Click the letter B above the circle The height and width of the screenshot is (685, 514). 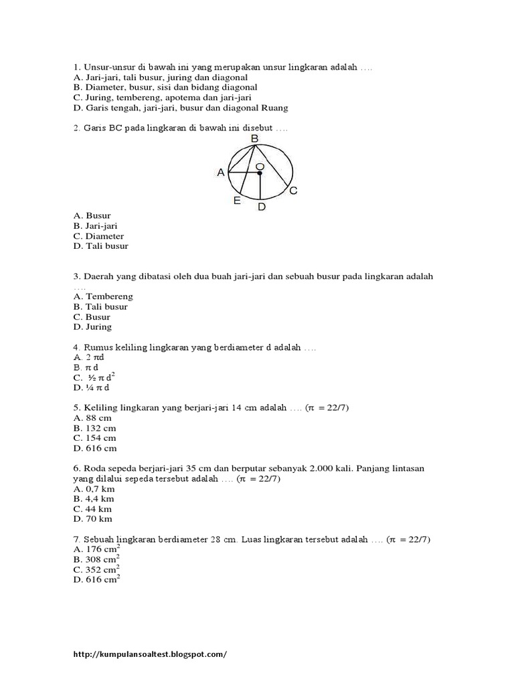click(x=254, y=138)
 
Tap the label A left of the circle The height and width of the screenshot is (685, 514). click(x=221, y=173)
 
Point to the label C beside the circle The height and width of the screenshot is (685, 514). click(x=293, y=191)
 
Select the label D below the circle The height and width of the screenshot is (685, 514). click(x=262, y=207)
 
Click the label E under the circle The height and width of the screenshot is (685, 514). click(x=237, y=201)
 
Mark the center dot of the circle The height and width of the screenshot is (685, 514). click(x=260, y=173)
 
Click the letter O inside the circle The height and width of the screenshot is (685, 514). click(x=259, y=165)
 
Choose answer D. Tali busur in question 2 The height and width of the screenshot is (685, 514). click(x=101, y=246)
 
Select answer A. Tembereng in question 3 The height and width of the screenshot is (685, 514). click(x=104, y=296)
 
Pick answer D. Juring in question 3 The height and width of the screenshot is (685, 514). click(x=93, y=327)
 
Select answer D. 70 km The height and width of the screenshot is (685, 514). click(x=93, y=518)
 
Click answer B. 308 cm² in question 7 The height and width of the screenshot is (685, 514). click(x=96, y=559)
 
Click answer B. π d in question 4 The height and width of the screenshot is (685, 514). click(x=86, y=368)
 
